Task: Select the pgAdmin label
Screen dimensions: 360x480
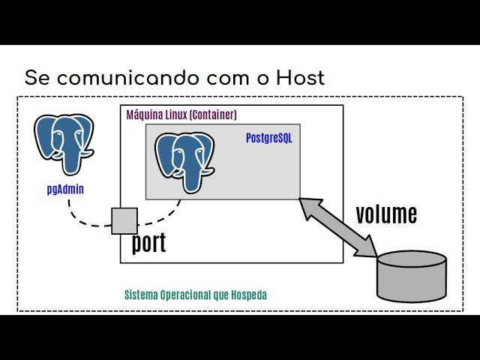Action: pos(65,189)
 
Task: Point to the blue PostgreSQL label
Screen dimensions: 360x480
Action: pos(269,138)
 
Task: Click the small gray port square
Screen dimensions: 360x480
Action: pos(124,220)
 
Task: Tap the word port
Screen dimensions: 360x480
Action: pos(148,243)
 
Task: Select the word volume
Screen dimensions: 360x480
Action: pos(385,214)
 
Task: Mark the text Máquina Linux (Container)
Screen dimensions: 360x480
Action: pos(181,115)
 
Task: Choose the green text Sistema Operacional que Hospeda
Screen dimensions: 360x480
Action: pos(195,295)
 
